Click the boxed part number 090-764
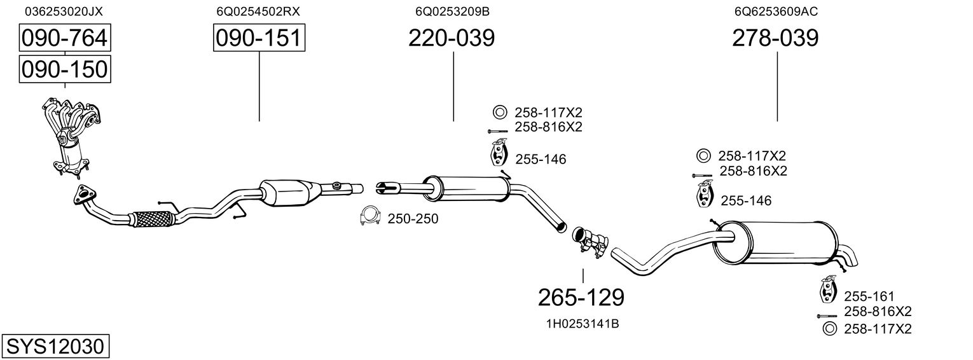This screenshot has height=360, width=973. pyautogui.click(x=65, y=38)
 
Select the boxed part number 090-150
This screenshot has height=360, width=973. pyautogui.click(x=65, y=69)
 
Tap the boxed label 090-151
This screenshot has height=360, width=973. pyautogui.click(x=259, y=38)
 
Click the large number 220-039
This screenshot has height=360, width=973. pyautogui.click(x=452, y=38)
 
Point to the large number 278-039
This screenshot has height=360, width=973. pyautogui.click(x=775, y=38)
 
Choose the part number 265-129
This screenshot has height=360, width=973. pyautogui.click(x=581, y=298)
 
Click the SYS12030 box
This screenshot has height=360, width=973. pyautogui.click(x=55, y=346)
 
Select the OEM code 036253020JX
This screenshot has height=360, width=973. pyautogui.click(x=64, y=11)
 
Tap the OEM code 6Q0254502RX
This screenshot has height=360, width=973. pyautogui.click(x=258, y=11)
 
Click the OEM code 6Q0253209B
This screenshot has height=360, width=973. pyautogui.click(x=452, y=11)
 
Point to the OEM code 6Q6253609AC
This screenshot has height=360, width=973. pyautogui.click(x=776, y=11)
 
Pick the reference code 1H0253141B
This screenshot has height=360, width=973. pyautogui.click(x=583, y=324)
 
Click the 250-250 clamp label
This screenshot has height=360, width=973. pyautogui.click(x=413, y=219)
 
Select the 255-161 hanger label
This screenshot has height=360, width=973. pyautogui.click(x=869, y=296)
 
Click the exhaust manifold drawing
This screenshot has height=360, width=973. pyautogui.click(x=72, y=137)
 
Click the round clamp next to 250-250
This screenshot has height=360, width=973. pyautogui.click(x=370, y=216)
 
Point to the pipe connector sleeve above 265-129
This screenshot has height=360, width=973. pyautogui.click(x=590, y=242)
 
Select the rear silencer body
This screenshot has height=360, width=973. pyautogui.click(x=776, y=244)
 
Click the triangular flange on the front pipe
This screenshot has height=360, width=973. pyautogui.click(x=84, y=195)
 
